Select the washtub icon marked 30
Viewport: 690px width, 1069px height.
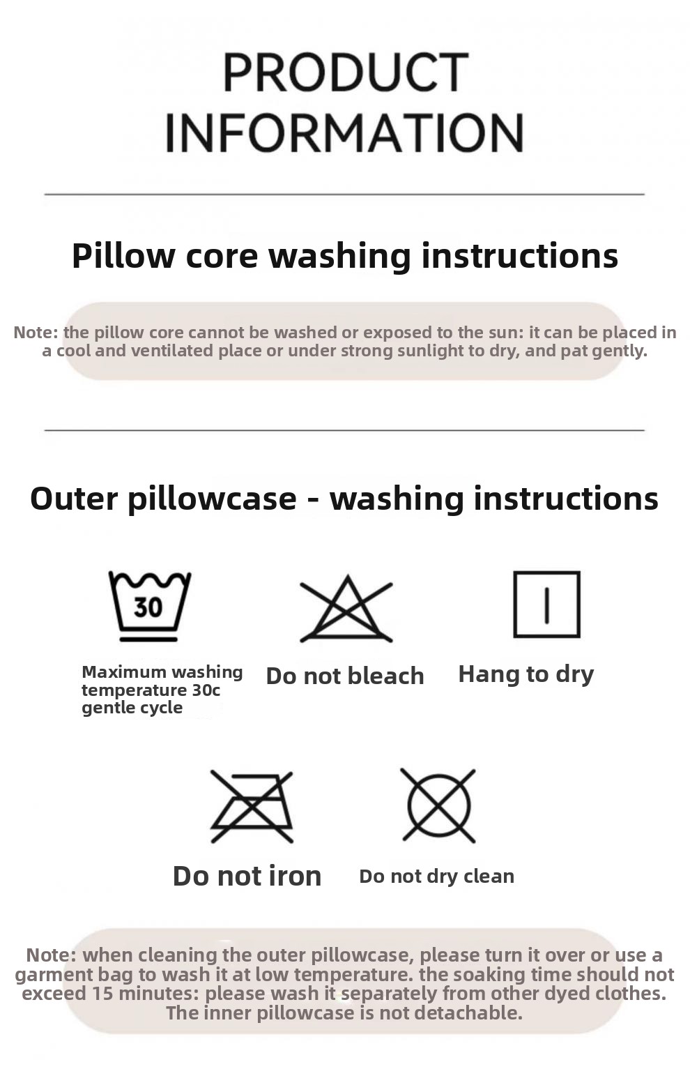click(x=149, y=606)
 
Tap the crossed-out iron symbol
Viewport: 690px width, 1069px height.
click(x=252, y=806)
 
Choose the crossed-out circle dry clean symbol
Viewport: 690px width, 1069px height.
click(x=438, y=806)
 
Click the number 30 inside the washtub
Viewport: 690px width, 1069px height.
click(x=148, y=607)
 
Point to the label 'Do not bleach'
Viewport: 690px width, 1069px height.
click(x=345, y=676)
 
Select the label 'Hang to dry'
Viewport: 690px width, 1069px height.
click(x=526, y=674)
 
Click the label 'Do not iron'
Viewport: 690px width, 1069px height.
click(x=247, y=876)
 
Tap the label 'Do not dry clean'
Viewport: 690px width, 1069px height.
click(x=437, y=877)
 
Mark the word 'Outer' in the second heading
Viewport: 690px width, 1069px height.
click(x=74, y=499)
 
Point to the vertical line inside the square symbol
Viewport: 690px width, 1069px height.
click(x=547, y=605)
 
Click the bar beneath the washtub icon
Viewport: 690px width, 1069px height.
click(x=148, y=639)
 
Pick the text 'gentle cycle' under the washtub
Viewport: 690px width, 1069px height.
click(x=132, y=708)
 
